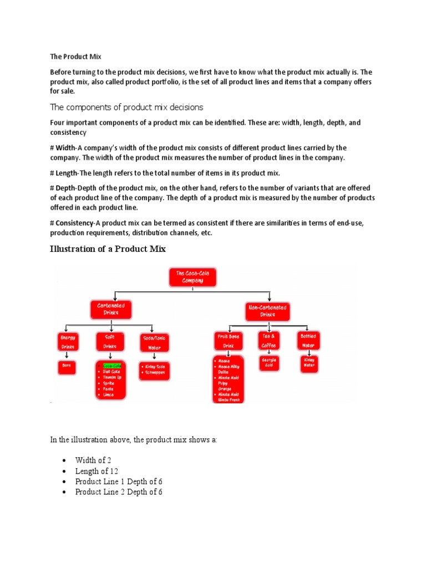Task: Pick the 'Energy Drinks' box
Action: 69,341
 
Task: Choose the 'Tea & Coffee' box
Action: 268,340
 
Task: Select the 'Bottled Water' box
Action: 308,340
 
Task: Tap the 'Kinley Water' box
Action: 308,363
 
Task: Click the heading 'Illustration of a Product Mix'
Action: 108,250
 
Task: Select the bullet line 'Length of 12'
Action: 97,471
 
